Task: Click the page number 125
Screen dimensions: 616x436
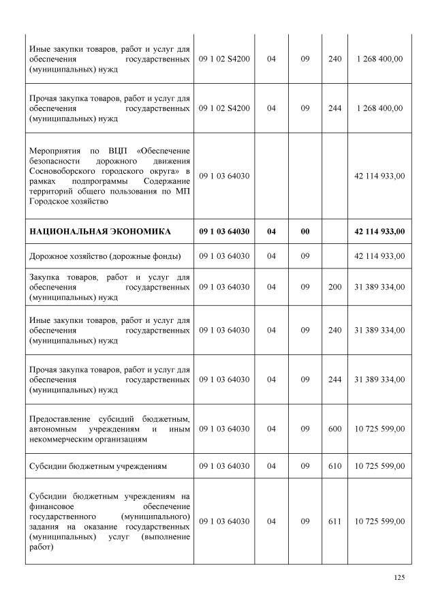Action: coord(399,578)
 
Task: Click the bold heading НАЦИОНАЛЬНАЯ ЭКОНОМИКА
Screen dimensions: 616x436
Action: coord(100,232)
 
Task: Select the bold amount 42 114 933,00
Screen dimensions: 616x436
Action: coord(379,232)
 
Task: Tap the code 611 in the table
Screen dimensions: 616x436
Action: coord(334,521)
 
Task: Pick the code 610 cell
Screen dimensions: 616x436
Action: coord(334,466)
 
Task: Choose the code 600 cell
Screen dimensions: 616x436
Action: coord(334,429)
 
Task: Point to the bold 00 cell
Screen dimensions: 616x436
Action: coord(305,232)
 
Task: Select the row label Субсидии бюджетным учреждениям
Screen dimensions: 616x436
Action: coord(98,466)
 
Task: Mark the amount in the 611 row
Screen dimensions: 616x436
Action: coord(379,521)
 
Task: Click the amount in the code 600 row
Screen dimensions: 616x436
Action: coord(379,429)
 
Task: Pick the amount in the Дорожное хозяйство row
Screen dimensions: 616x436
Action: coord(379,256)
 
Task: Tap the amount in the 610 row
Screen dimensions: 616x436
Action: coord(379,466)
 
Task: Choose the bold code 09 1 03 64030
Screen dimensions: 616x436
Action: coord(224,232)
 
